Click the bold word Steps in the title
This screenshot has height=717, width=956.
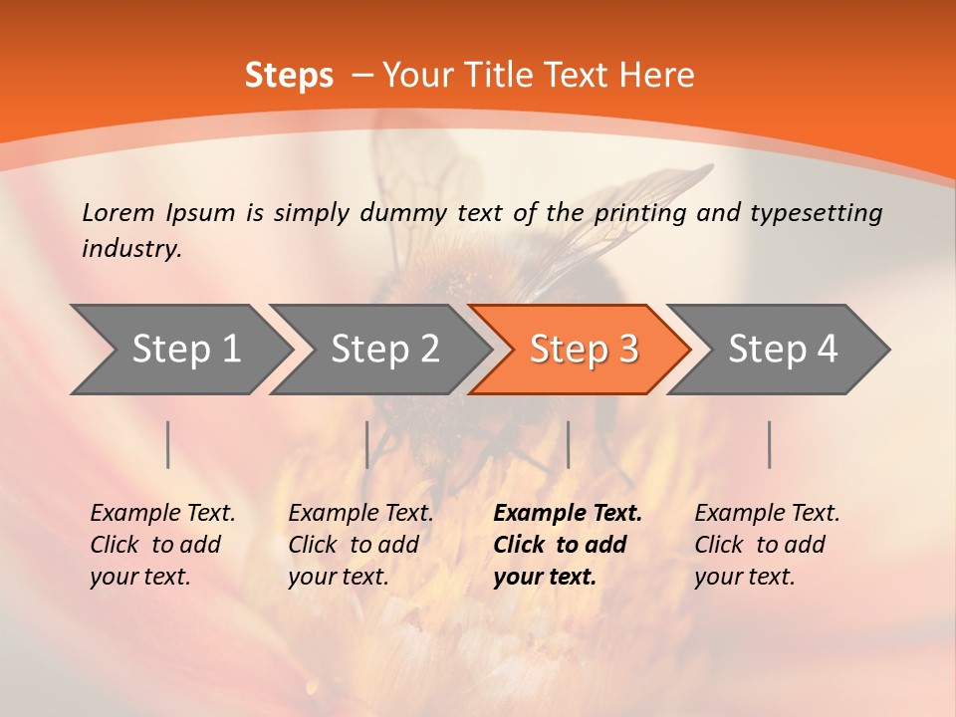289,76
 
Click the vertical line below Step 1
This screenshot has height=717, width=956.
168,444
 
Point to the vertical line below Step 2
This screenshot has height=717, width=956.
367,444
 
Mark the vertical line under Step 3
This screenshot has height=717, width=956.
568,444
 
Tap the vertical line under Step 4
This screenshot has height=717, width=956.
769,444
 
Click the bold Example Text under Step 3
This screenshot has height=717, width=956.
568,514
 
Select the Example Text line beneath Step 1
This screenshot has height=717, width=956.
162,514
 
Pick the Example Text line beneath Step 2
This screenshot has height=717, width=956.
360,514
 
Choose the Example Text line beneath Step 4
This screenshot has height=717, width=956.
767,514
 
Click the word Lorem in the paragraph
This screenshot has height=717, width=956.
118,213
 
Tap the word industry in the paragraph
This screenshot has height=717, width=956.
130,249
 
